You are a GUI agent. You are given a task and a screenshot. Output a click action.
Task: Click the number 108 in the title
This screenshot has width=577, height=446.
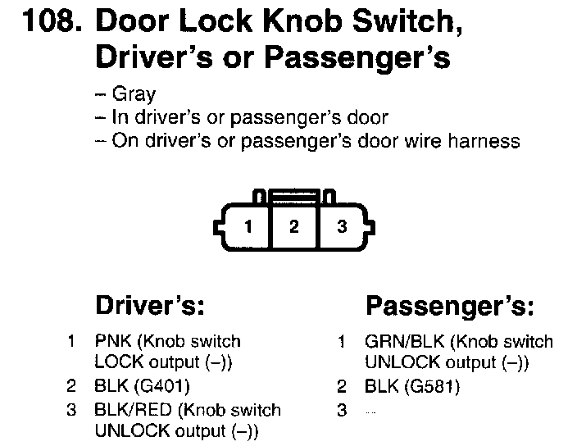tap(51, 22)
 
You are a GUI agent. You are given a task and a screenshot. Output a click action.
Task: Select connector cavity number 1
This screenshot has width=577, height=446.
tap(248, 227)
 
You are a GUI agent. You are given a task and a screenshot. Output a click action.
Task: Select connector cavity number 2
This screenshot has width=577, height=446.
tap(293, 227)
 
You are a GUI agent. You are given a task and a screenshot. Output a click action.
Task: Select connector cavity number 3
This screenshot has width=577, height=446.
tap(342, 227)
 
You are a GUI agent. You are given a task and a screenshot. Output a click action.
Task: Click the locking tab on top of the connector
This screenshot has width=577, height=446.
tap(294, 197)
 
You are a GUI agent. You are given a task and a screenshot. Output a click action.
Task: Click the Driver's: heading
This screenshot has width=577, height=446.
tap(149, 306)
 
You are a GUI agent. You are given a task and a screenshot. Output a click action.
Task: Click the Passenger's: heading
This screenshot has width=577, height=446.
tap(450, 307)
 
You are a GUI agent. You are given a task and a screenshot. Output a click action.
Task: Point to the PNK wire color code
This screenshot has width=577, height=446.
tap(112, 341)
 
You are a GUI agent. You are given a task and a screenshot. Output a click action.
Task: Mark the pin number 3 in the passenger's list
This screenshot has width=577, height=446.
tap(342, 410)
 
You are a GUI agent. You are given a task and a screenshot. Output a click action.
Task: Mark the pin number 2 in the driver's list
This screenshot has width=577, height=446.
tap(72, 385)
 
